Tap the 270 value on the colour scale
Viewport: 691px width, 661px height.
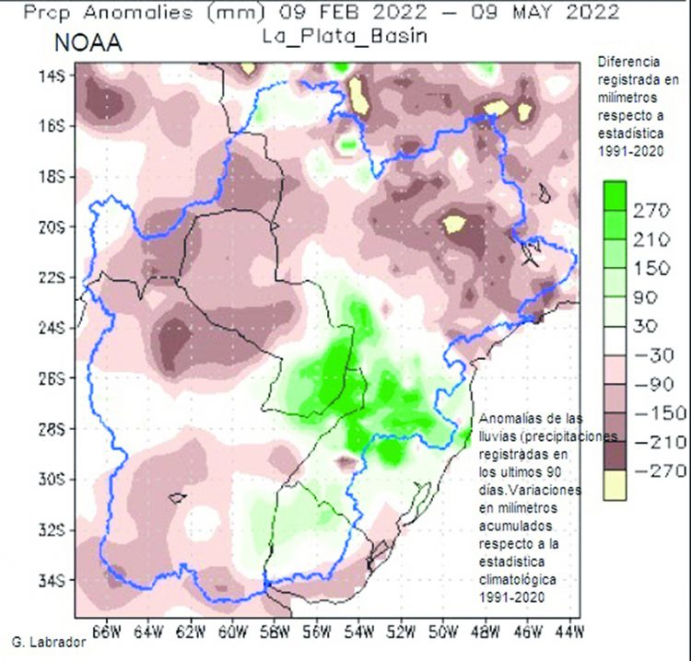pyautogui.click(x=649, y=211)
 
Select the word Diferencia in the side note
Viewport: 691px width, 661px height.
pyautogui.click(x=629, y=63)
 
